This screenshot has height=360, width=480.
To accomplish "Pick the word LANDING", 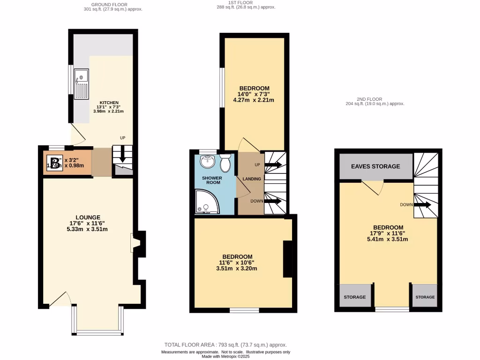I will pos(252,179).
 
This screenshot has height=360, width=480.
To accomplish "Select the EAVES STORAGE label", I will pos(376,166).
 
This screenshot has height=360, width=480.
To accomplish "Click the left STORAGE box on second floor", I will pos(354,297).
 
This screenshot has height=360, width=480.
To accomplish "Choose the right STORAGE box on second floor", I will pos(425,297).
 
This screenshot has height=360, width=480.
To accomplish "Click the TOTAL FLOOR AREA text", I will pos(225,345).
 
